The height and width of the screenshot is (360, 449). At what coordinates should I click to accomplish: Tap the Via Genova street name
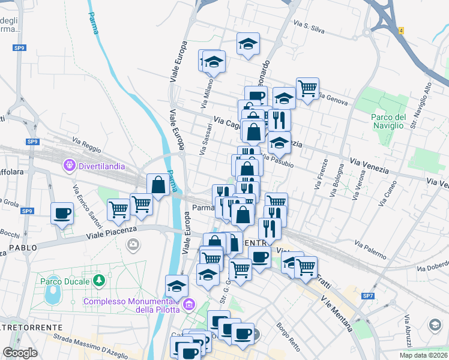point(334,98)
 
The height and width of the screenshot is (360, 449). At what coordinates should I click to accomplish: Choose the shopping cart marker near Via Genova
point(307,89)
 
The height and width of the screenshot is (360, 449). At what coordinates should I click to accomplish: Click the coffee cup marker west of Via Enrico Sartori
point(62,213)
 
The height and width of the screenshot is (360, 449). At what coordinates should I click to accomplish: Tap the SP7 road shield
point(367,296)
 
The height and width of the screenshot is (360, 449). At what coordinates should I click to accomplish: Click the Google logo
point(20,353)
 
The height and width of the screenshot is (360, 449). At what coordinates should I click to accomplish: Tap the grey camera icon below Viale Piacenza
point(133,244)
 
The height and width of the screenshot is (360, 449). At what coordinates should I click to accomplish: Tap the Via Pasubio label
point(277,160)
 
